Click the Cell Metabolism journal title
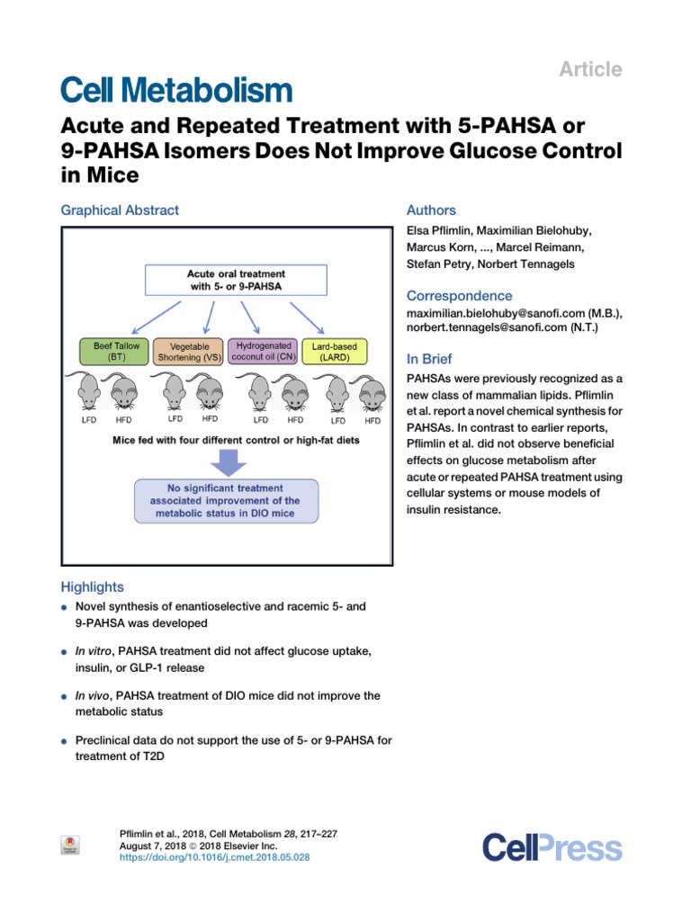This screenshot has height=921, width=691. (x=176, y=90)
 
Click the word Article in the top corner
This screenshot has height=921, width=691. (x=591, y=69)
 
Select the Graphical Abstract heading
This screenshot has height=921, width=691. (x=120, y=210)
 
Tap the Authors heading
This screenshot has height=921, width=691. (x=431, y=210)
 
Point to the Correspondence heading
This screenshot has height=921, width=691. (x=459, y=296)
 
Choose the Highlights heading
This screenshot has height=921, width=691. (x=93, y=586)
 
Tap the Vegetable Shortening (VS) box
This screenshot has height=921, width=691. (x=189, y=352)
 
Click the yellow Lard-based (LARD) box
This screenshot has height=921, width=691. (x=335, y=351)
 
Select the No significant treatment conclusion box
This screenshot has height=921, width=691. (x=227, y=501)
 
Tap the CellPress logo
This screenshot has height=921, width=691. (x=552, y=847)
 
